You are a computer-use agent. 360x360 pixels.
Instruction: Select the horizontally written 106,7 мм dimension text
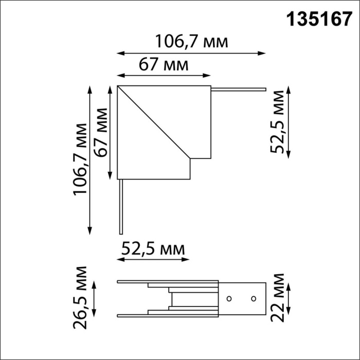pos(191,41)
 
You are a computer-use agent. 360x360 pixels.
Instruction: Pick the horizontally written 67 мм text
pos(163,65)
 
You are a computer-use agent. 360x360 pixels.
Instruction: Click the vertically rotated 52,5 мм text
pos(279,121)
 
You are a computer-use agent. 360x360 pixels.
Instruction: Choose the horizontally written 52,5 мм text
pos(153,249)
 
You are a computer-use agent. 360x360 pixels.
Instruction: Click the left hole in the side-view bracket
pos(230,298)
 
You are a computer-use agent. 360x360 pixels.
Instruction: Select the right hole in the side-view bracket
pos(254,298)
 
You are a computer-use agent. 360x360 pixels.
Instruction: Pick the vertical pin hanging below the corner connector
pos(120,206)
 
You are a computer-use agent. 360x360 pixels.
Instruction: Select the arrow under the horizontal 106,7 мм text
pos(191,52)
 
